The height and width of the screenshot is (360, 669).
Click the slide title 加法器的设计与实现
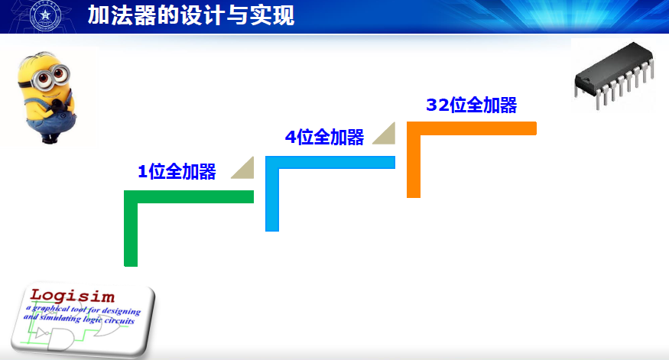[190, 15]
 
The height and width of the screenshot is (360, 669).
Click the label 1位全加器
[177, 172]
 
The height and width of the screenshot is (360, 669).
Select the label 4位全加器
[324, 138]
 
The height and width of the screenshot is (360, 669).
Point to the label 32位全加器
[472, 105]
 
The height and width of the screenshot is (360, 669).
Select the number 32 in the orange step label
[437, 105]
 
